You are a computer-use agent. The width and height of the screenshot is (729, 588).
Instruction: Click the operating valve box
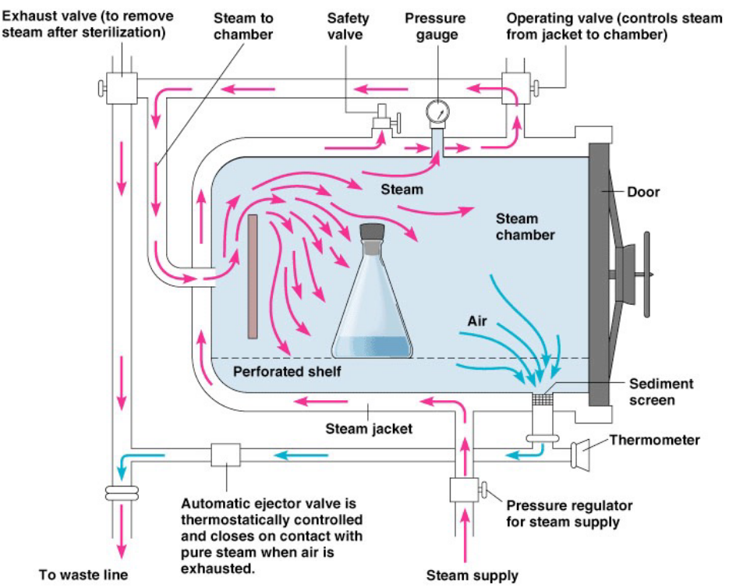pos(515,85)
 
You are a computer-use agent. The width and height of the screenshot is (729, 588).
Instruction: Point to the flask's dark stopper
pos(372,233)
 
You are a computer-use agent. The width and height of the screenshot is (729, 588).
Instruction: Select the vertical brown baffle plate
pos(253,277)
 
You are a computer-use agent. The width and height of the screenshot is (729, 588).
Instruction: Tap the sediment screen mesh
pos(542,399)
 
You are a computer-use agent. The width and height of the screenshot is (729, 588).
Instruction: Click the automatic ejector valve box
pos(225,455)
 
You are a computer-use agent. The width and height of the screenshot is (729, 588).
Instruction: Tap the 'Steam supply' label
pos(472,576)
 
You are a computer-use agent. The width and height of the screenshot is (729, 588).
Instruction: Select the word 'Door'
pos(643,192)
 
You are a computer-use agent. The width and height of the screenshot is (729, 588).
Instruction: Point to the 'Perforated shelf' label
pos(287,371)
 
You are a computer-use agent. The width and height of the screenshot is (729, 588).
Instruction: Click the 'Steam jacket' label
pos(369,427)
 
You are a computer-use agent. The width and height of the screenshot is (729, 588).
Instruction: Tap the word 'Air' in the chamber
pos(477,321)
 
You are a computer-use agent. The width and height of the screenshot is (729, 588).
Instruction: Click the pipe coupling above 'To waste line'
pos(122,494)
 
